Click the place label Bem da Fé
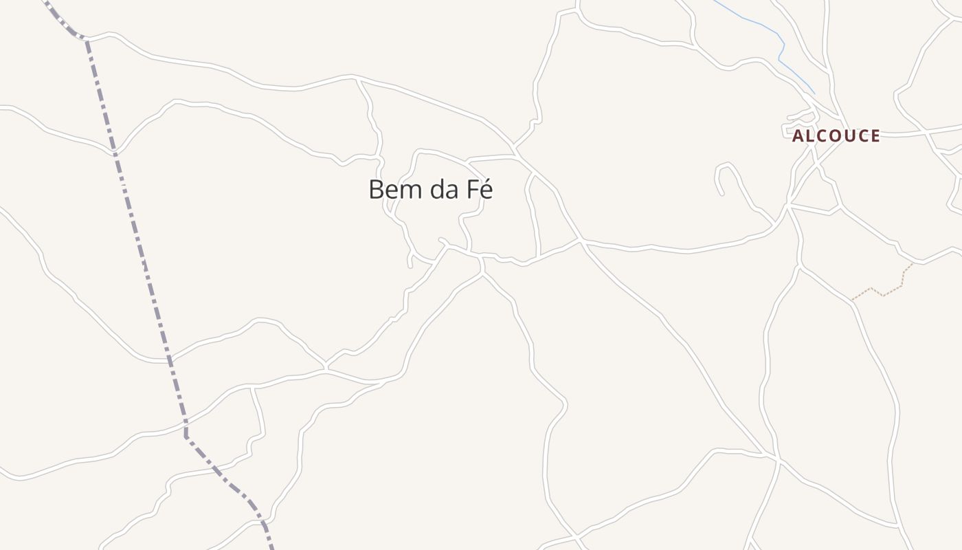(x=431, y=190)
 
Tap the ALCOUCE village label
(x=836, y=136)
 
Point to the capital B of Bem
(x=376, y=190)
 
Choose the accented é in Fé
(x=486, y=190)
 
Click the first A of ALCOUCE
(x=798, y=136)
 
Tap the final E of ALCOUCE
(x=875, y=136)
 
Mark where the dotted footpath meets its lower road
(x=853, y=300)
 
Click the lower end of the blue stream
(x=815, y=93)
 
